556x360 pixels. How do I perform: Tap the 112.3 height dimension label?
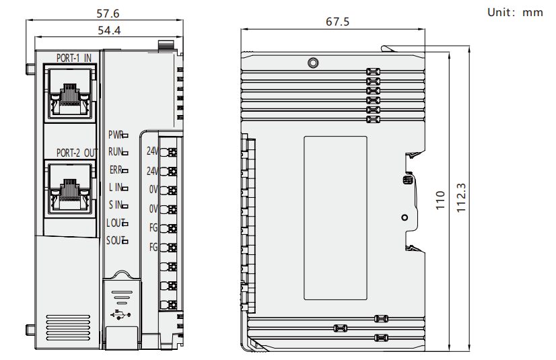point(462,198)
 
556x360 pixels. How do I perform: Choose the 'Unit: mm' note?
point(514,12)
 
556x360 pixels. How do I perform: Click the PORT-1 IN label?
point(73,58)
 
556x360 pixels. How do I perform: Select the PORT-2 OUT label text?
point(77,153)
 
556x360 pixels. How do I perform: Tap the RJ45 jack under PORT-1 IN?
point(69,93)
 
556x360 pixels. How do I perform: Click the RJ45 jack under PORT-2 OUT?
point(69,188)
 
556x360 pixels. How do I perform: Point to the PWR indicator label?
point(115,135)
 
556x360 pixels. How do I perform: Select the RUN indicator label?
point(115,152)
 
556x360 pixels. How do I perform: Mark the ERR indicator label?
point(116,170)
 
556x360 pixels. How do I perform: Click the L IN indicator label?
point(116,187)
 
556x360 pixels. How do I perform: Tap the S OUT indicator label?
point(114,240)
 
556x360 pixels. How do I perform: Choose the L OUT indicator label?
point(114,223)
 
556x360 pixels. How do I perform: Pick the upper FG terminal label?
point(153,227)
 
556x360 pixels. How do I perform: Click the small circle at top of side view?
point(312,63)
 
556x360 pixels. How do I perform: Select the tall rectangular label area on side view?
point(335,218)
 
